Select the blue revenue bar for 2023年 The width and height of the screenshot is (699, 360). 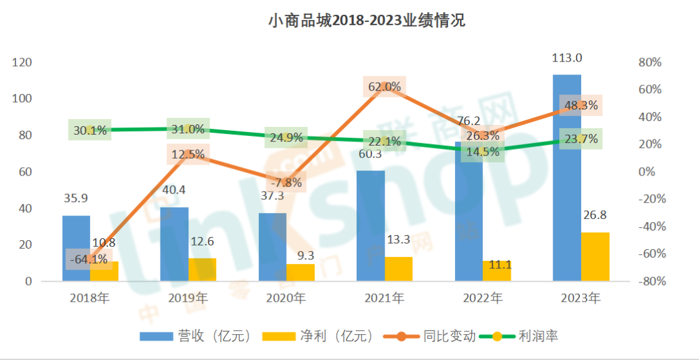pos(566,194)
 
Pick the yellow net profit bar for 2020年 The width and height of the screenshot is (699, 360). pos(301,273)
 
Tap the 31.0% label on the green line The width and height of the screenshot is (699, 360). pos(188,129)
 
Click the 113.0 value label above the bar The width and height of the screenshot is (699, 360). pos(566,58)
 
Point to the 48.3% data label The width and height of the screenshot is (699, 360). pos(581,106)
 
